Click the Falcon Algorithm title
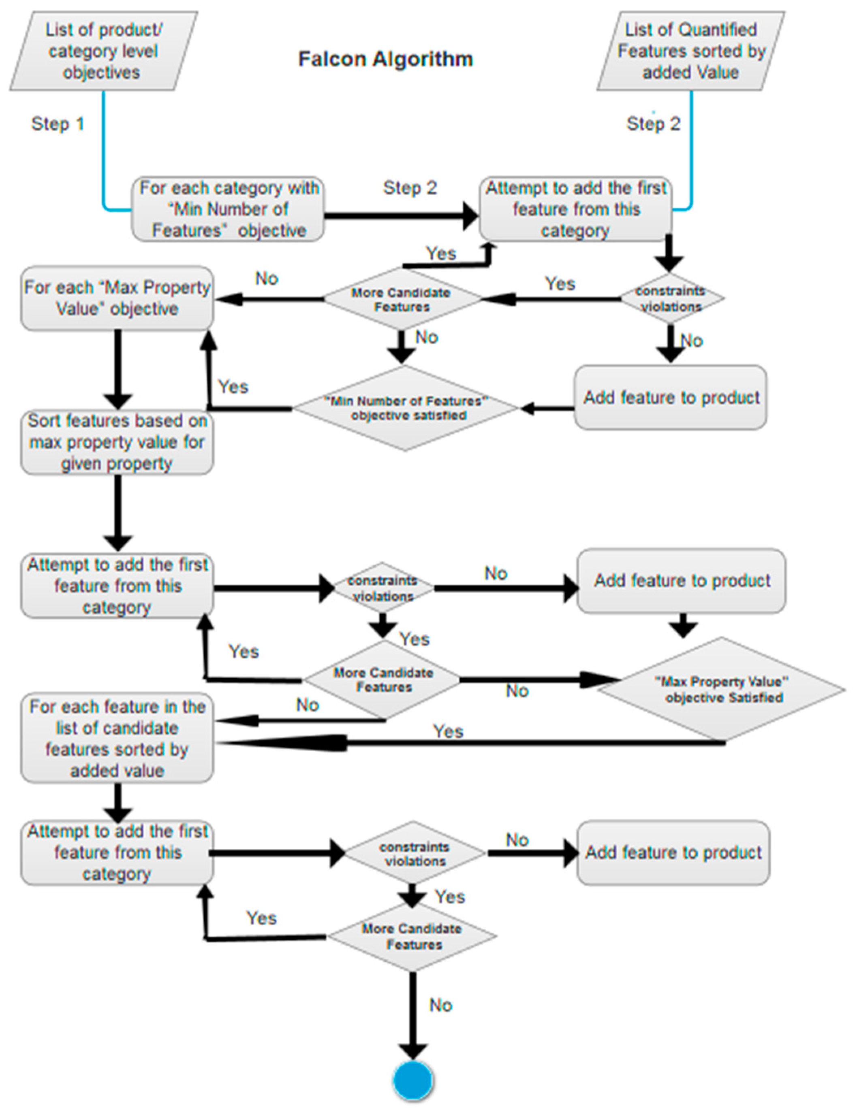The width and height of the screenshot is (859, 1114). [385, 59]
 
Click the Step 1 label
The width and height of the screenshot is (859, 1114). [58, 124]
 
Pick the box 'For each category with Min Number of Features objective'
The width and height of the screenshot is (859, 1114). [228, 209]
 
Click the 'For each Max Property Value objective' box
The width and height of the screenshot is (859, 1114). [117, 298]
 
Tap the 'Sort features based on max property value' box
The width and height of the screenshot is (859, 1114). [117, 442]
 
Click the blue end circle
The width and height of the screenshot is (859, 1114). [413, 1080]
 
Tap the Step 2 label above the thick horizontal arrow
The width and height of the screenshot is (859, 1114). [410, 188]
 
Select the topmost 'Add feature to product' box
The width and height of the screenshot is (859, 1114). [670, 397]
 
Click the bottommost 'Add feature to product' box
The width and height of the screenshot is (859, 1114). [673, 852]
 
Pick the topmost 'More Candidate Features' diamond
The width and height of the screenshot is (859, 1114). [402, 299]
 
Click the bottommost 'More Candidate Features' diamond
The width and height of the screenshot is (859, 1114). [412, 937]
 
